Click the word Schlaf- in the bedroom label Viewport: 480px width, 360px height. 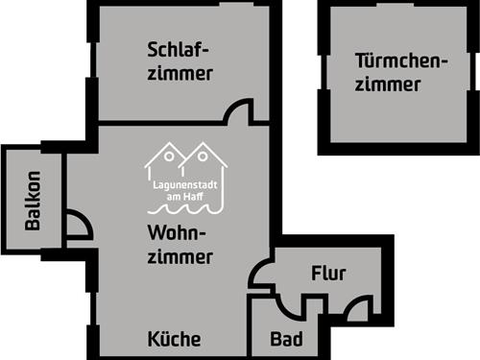coord(179,50)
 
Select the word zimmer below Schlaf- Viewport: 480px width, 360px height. coord(180,73)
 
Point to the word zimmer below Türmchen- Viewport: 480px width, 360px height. coord(388,84)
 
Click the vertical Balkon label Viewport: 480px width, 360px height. coord(33,200)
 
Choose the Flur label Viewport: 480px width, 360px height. coord(328,274)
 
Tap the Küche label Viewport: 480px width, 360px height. coord(174,339)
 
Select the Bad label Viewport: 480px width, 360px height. coord(286,339)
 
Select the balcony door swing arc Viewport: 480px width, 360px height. coord(80,225)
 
